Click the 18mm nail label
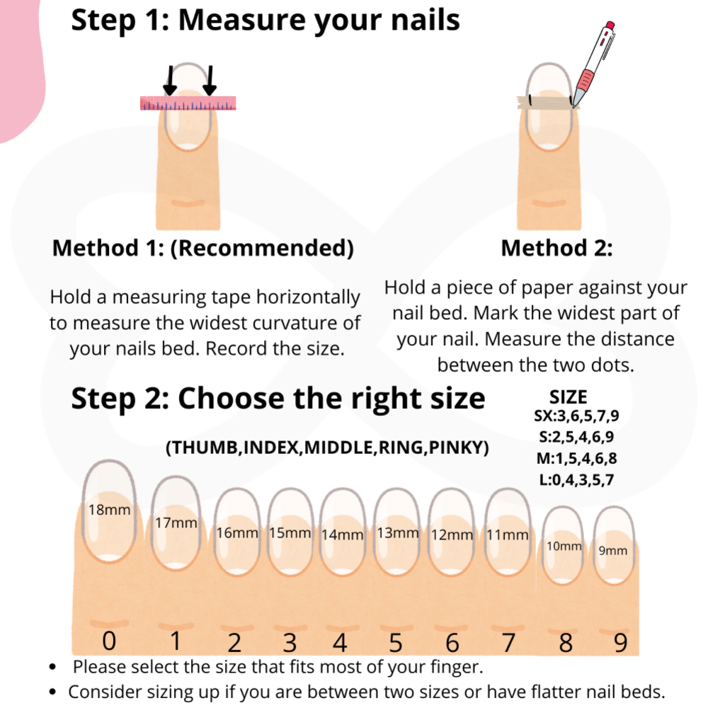click(109, 510)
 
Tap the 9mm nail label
click(612, 550)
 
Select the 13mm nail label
click(398, 533)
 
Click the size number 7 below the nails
click(508, 642)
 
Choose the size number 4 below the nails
click(340, 643)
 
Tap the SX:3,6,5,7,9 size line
click(576, 416)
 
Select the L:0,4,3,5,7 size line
click(576, 479)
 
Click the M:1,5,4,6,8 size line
click(576, 458)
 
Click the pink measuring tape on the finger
click(188, 103)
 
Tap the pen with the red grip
click(594, 64)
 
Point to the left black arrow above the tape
click(170, 81)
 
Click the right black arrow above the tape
click(210, 81)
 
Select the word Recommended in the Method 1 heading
click(262, 248)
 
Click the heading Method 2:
click(556, 248)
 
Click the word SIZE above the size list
click(568, 397)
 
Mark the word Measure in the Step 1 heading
click(242, 21)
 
